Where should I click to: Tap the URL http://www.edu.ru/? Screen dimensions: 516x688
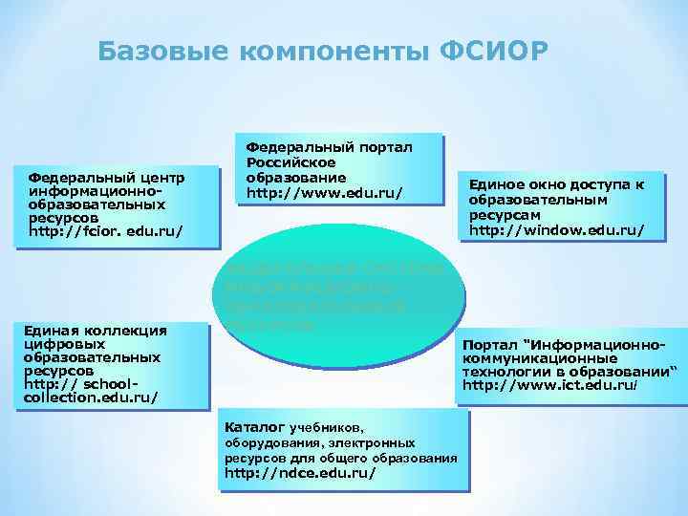324,194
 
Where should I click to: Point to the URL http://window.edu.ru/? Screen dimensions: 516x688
556,230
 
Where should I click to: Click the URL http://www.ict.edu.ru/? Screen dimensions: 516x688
548,385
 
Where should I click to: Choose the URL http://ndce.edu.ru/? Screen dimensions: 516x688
299,473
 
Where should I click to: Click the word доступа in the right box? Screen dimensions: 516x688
602,183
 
